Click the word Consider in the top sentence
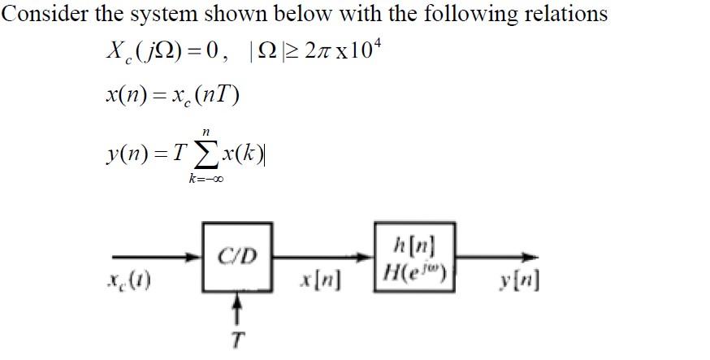[x=45, y=14]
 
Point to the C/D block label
[x=237, y=257]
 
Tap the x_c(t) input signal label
[x=128, y=282]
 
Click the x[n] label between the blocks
[x=320, y=283]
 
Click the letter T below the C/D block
[x=236, y=340]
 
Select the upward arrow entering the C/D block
[x=236, y=310]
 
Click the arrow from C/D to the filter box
[x=323, y=258]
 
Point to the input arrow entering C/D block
[x=157, y=258]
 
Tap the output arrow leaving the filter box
[x=496, y=258]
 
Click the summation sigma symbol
[x=206, y=156]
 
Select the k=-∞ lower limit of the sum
[x=206, y=179]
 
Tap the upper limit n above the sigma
[x=206, y=132]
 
